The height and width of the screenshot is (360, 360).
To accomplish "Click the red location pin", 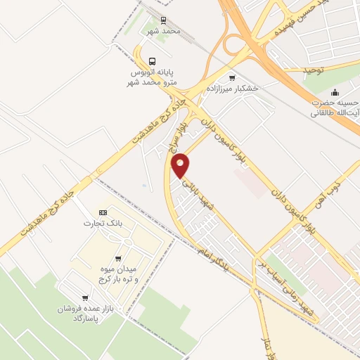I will point(181,165).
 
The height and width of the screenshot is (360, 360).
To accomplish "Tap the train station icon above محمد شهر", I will point(164,20).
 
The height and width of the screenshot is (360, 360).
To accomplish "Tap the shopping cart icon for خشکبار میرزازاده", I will point(233,77).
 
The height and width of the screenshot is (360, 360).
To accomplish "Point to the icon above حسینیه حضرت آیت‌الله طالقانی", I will point(335,91).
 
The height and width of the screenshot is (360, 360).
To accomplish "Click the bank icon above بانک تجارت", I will point(104,212).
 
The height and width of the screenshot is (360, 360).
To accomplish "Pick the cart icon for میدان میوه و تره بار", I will point(117,258).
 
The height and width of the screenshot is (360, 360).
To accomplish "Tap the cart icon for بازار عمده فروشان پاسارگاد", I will point(85,298).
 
